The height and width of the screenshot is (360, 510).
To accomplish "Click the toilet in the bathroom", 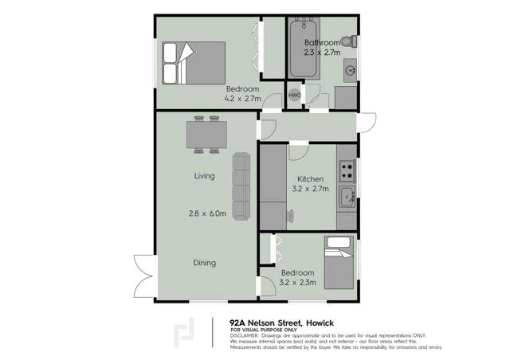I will pos(347,42).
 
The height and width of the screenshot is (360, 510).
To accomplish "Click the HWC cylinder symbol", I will pos(294,94).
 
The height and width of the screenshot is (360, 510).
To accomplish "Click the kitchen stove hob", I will pos(347,170).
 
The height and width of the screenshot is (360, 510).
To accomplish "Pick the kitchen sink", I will pos(347,196).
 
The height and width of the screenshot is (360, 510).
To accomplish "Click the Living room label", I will pos(205,176).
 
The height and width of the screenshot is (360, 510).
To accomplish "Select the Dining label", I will pos(206,262).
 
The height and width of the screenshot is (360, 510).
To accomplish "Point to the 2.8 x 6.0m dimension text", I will pos(208,213).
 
